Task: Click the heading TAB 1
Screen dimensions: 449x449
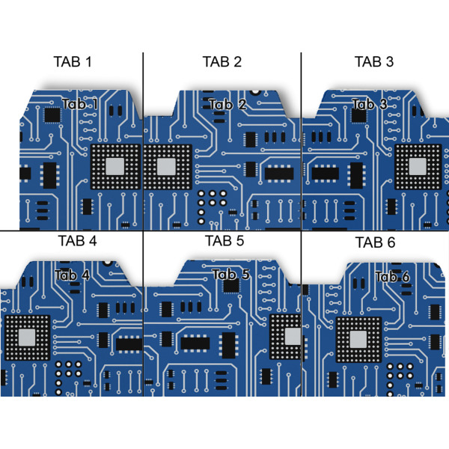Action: coord(73,61)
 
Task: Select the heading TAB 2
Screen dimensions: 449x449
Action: coord(222,61)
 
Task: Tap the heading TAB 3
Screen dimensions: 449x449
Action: coord(373,61)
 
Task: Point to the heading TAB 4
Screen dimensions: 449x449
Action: coord(77,241)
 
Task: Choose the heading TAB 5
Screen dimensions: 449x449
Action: coord(224,241)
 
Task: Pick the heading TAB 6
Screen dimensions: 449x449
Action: coord(375,242)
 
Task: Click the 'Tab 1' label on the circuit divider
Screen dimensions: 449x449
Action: coord(80,104)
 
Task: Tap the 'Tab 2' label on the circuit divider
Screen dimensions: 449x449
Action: coord(227,104)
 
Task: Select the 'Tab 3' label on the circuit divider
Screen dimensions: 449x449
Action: coord(369,104)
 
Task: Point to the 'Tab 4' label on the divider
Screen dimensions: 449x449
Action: coord(72,275)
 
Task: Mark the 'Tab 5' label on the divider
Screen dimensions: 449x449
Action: coord(230,274)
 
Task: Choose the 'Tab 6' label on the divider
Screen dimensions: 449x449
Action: coord(392,277)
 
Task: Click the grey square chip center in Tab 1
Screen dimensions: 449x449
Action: coord(116,165)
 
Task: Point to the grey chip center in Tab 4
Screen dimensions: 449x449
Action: coord(28,337)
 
